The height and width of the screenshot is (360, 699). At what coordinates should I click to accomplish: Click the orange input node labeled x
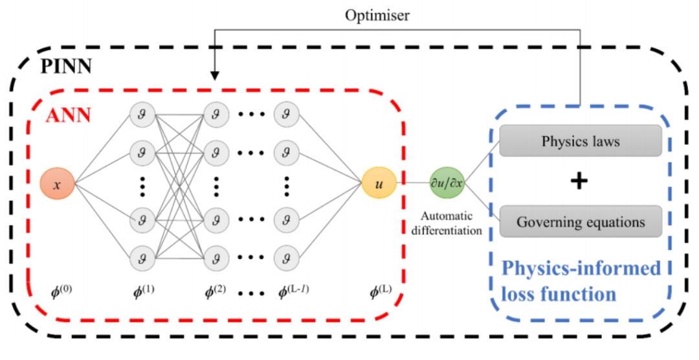[x=57, y=185]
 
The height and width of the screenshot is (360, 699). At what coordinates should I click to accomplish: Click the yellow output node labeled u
[x=379, y=184]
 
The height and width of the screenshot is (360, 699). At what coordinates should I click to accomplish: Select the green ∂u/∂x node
[x=447, y=184]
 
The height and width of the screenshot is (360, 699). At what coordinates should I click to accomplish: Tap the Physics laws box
[x=581, y=141]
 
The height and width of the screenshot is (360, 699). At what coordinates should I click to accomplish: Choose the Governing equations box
[x=581, y=222]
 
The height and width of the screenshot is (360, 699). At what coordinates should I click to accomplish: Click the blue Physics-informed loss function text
[x=581, y=281]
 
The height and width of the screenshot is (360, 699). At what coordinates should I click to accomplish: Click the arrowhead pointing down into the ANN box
[x=215, y=76]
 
